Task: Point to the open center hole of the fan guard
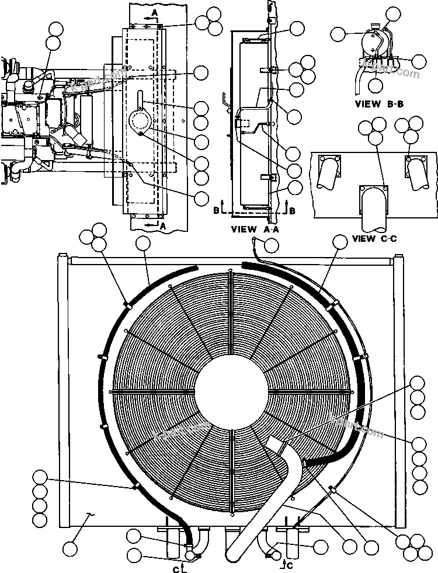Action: (x=232, y=390)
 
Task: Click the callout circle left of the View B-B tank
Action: (x=338, y=34)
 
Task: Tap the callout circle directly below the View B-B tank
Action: (x=376, y=84)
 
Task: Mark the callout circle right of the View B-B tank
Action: (x=419, y=60)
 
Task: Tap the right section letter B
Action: (x=292, y=194)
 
